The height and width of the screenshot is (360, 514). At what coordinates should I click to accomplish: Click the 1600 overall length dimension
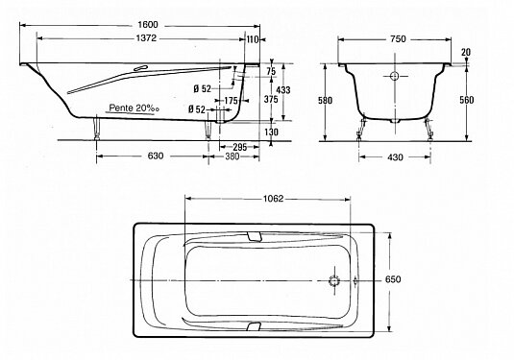click(148, 25)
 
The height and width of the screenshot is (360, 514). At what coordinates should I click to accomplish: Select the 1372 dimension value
click(146, 38)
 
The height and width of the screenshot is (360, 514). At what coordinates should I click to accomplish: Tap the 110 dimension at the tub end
click(252, 39)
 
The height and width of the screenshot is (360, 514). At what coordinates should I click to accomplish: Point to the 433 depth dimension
click(283, 89)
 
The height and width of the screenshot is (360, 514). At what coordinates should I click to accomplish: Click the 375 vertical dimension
click(271, 99)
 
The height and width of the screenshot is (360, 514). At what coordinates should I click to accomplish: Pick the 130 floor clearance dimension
click(271, 132)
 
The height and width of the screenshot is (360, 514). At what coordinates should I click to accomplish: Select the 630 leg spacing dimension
click(156, 156)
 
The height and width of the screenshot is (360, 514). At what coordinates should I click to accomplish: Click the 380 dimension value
click(233, 156)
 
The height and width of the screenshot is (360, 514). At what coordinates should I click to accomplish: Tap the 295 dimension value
click(239, 147)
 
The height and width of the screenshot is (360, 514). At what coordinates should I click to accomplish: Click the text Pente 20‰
click(134, 108)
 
